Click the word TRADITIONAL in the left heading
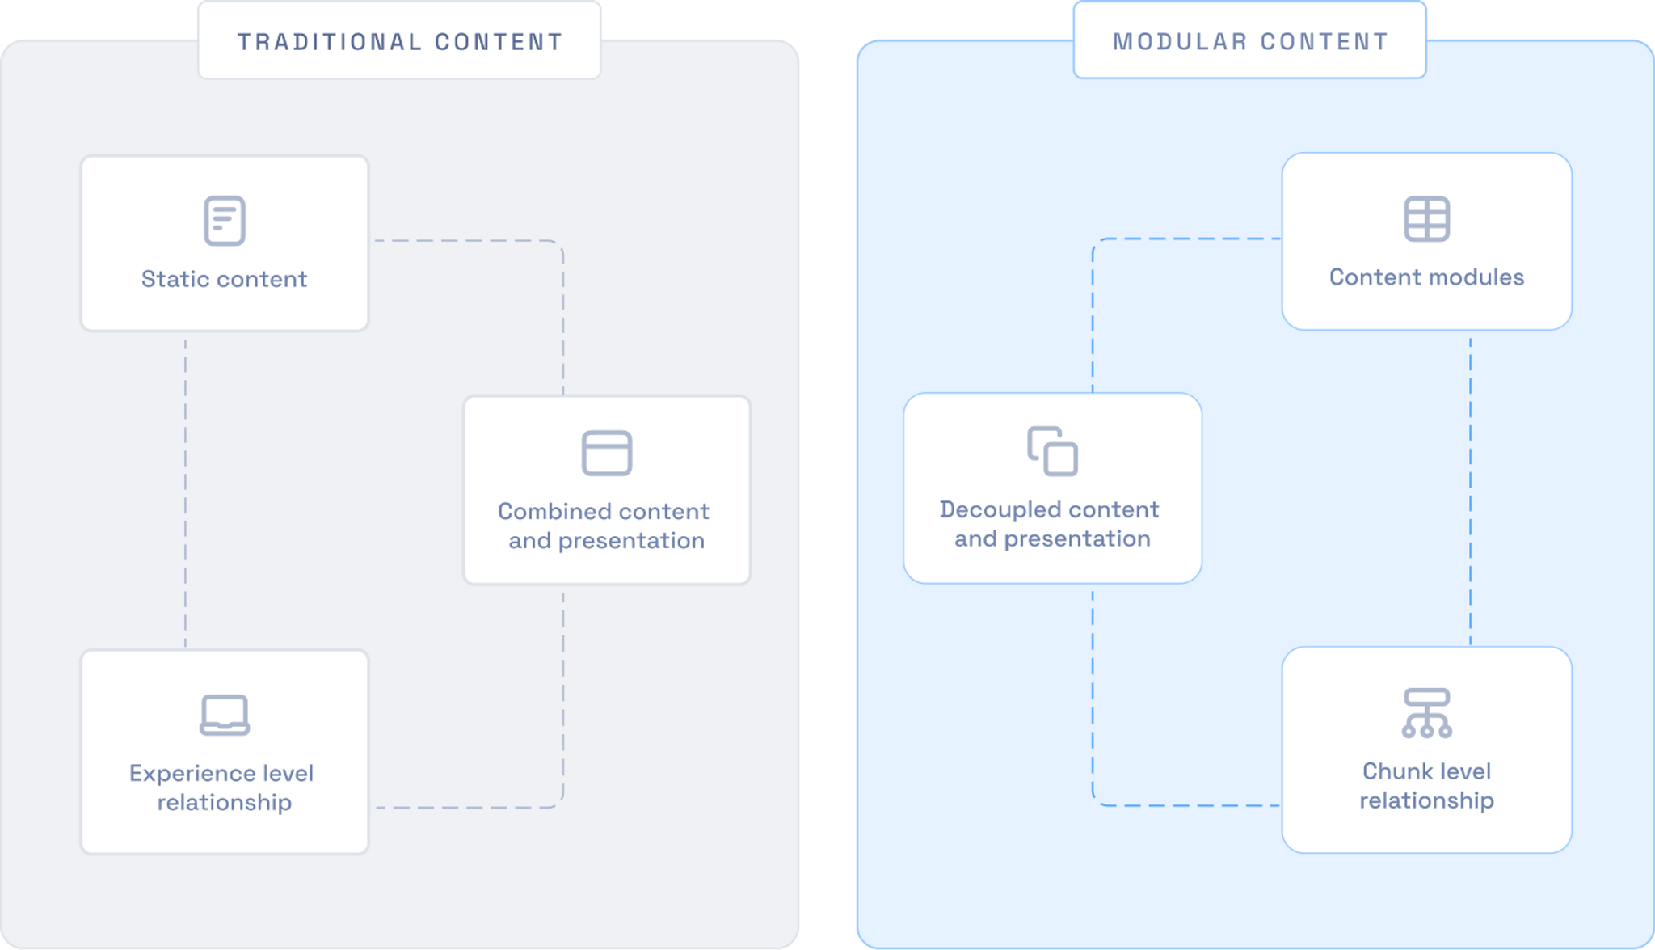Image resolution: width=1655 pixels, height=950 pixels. coord(329,42)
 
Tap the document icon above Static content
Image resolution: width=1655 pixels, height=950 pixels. coord(225,220)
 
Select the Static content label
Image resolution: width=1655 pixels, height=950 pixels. coord(225,279)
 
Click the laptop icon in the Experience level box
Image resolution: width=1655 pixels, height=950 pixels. coord(225,715)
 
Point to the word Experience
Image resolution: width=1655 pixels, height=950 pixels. coord(188,774)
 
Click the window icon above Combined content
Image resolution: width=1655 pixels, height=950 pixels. coord(607,453)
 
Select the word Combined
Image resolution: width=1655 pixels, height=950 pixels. coord(554,512)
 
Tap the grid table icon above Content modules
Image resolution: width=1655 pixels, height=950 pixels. coord(1426,218)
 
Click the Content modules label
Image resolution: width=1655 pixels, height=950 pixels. coord(1426,277)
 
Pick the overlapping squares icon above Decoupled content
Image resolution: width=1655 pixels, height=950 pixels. coord(1052,451)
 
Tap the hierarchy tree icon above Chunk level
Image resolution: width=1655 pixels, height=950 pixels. coord(1426,712)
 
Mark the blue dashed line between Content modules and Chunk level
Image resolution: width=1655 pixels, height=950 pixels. coord(1470,488)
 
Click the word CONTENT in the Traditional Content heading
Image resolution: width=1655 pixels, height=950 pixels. coord(499,42)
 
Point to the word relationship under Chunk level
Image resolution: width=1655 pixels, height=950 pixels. coord(1426,800)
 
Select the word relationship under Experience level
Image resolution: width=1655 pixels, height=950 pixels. coord(225,803)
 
